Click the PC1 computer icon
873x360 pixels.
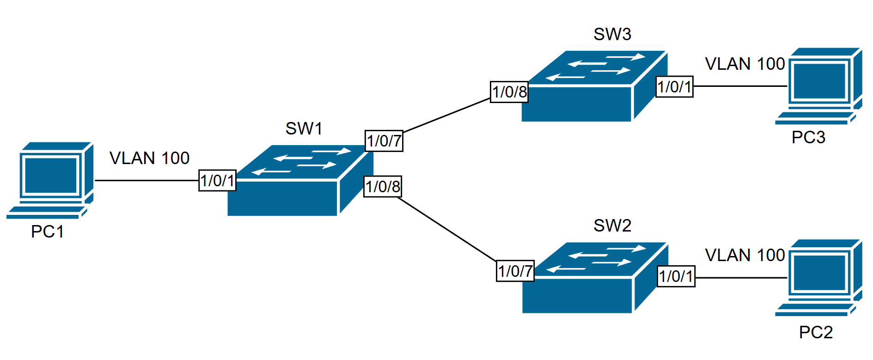[50, 180]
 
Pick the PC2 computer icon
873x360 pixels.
[818, 277]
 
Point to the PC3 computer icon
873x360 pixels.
[818, 86]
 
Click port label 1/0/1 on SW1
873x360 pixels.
[217, 180]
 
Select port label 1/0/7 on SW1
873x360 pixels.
[384, 140]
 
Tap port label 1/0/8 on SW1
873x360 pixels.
[383, 187]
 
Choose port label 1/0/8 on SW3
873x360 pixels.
[509, 92]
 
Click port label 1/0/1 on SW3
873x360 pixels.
[674, 87]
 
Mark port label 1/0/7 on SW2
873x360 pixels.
[515, 271]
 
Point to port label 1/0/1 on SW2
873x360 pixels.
[676, 276]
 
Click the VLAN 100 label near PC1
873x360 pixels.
[149, 159]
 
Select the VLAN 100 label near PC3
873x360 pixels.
[745, 64]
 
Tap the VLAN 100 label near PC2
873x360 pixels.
[745, 255]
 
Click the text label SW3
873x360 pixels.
[612, 34]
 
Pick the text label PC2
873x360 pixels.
[816, 332]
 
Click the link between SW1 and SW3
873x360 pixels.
[446, 115]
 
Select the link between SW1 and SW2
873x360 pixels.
[446, 228]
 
